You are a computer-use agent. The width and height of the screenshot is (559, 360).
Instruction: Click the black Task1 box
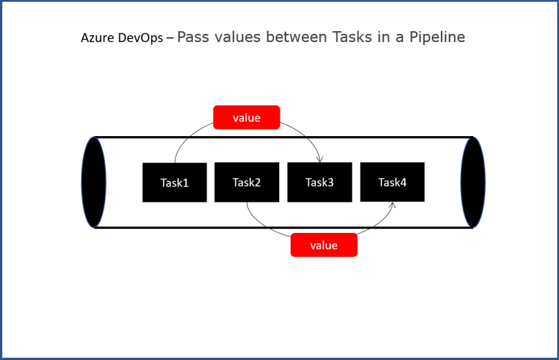[174, 182]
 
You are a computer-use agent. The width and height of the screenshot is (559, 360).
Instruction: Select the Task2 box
[247, 182]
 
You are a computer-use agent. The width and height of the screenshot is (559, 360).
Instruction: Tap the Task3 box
[319, 182]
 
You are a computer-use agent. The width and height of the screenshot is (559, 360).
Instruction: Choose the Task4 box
[392, 182]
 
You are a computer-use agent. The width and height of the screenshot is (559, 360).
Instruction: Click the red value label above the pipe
[247, 117]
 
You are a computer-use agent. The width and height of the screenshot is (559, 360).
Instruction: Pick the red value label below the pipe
[324, 245]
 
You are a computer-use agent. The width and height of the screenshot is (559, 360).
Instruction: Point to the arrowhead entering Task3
[320, 160]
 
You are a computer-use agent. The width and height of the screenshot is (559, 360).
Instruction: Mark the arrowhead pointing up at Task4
[393, 205]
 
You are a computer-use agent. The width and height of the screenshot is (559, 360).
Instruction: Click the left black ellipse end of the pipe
[94, 182]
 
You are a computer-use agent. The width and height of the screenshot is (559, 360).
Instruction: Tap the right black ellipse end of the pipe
[473, 182]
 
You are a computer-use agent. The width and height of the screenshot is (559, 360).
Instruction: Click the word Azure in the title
[95, 38]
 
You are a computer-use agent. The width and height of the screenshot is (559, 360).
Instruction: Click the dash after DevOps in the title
[170, 39]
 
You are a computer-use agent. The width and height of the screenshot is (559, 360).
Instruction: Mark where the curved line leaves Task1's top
[175, 162]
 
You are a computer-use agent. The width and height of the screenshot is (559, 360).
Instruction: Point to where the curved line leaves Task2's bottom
[247, 202]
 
